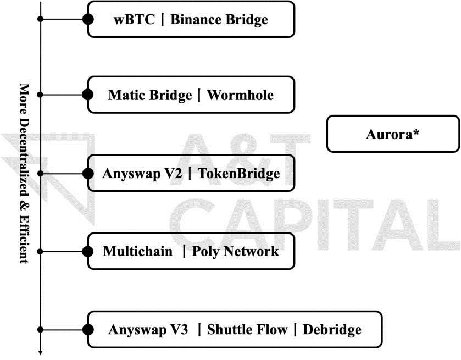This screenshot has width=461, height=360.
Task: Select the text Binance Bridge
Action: point(219,20)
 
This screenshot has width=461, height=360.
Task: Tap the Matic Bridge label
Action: point(149,95)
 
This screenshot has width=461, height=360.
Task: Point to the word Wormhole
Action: point(240,95)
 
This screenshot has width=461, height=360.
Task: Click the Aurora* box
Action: point(392,134)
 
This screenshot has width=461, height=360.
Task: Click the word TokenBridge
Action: point(239,174)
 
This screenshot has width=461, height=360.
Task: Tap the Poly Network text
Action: point(236,252)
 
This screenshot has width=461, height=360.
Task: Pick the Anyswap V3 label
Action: point(148,330)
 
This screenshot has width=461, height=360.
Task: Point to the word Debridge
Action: point(332,330)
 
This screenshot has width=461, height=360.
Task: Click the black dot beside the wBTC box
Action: point(87,19)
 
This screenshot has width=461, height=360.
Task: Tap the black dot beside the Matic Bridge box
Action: point(87,95)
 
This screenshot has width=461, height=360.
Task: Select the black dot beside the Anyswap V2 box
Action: point(87,173)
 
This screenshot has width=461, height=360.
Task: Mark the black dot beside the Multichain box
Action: point(87,251)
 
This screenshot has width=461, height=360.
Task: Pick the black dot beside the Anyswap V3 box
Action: point(87,329)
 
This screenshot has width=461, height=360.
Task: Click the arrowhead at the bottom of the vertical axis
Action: point(40,352)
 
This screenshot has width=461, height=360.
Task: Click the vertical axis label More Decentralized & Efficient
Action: point(24,173)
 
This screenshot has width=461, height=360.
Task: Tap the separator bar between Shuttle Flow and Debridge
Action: point(295,330)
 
